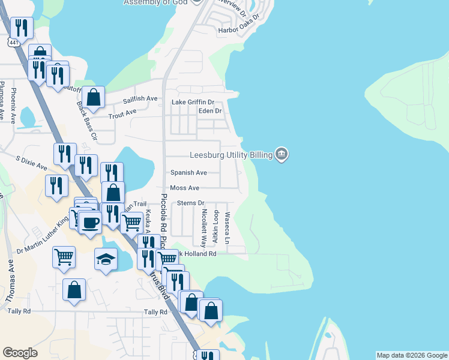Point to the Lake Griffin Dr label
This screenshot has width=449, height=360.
pos(193,102)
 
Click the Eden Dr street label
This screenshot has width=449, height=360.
pos(210,111)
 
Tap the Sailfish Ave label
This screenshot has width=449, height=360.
pos(140,98)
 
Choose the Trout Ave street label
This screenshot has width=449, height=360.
pos(122,112)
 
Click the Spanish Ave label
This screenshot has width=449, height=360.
pos(188,173)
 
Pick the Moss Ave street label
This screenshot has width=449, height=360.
pos(184,188)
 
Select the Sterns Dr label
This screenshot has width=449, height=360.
pos(191,203)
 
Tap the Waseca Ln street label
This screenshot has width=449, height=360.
pos(227,227)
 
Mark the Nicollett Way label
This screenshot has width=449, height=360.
pos(204,228)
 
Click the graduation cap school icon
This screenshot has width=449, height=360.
pos(106,259)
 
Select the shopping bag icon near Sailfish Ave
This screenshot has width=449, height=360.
pos(94,96)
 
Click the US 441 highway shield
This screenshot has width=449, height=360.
pos(14,43)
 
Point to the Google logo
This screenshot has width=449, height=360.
pos(20,353)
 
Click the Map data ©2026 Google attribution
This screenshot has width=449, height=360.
pos(411,355)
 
